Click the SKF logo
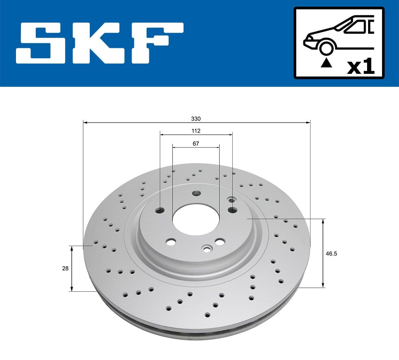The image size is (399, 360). tap(100, 43)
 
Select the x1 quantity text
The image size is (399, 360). tap(361, 67)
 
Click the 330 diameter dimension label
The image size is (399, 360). tap(196, 118)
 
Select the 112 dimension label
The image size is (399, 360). tap(196, 131)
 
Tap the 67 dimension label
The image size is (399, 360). tap(196, 143)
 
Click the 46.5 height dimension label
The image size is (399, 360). tap(331, 254)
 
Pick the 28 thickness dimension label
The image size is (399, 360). tap(65, 268)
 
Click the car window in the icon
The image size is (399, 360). tap(356, 27)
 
